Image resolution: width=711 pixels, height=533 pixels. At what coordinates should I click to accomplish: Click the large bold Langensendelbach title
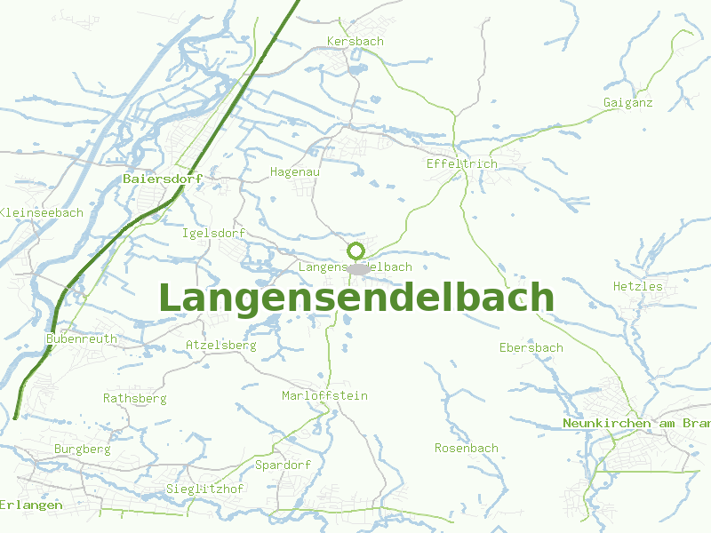click(355, 298)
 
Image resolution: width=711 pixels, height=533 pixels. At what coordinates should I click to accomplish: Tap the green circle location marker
click(355, 251)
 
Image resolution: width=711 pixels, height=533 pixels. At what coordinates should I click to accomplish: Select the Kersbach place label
click(355, 42)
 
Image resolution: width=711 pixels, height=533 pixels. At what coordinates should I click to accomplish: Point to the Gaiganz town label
click(627, 103)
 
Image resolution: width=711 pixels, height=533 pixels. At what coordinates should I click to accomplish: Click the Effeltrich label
click(461, 164)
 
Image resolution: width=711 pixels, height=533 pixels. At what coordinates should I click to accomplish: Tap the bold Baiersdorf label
click(163, 179)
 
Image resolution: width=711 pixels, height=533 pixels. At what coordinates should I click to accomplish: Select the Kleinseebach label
click(42, 212)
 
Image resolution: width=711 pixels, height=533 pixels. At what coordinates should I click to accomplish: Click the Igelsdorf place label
click(212, 234)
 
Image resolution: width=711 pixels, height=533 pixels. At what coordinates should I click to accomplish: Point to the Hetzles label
click(637, 286)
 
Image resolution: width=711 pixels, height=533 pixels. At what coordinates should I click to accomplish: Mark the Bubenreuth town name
click(81, 338)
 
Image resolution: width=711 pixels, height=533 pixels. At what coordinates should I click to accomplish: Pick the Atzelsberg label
click(221, 345)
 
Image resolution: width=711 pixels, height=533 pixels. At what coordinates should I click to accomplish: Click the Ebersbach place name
click(531, 347)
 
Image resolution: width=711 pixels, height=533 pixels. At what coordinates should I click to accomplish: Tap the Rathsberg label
click(134, 398)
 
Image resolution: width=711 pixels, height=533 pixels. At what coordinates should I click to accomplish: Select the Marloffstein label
click(324, 395)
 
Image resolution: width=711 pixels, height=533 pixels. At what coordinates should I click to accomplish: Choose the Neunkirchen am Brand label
click(636, 424)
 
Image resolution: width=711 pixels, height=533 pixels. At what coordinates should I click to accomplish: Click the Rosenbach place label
click(466, 449)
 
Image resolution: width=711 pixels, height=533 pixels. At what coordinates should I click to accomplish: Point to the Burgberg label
click(82, 449)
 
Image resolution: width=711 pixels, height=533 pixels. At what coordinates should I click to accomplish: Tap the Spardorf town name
click(283, 465)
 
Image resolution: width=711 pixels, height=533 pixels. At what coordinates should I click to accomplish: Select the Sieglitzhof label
click(204, 489)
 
